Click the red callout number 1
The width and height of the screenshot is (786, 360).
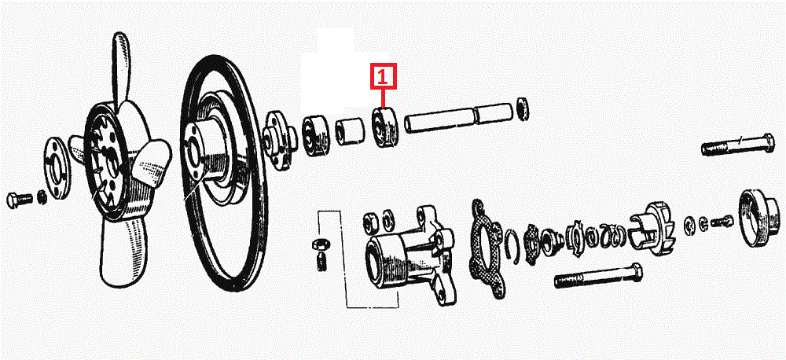click(383, 77)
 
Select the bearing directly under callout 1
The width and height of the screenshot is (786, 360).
click(384, 128)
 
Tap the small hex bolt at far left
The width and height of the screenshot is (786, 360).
click(20, 200)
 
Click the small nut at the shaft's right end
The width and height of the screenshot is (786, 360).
click(522, 108)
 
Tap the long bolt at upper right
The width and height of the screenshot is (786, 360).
click(737, 146)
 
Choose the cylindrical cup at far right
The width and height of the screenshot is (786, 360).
click(759, 219)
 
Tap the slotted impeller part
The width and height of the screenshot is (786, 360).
click(652, 227)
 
